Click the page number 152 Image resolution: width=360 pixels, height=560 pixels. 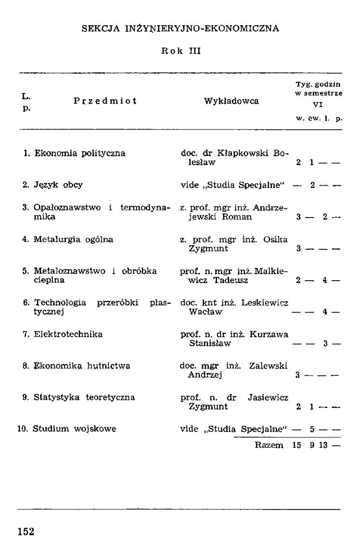(x=26, y=531)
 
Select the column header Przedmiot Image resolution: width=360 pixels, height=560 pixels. (x=105, y=101)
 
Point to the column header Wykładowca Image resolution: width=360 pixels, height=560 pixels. (x=231, y=101)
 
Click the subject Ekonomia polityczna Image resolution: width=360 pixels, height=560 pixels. (x=80, y=153)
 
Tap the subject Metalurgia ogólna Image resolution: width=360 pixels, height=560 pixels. (x=73, y=239)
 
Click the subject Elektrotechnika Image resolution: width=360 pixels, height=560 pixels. (x=68, y=334)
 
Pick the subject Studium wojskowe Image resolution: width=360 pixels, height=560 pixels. (x=74, y=429)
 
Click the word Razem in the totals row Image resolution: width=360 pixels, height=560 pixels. (x=269, y=445)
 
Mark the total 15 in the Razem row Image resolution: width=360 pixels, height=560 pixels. (x=296, y=445)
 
